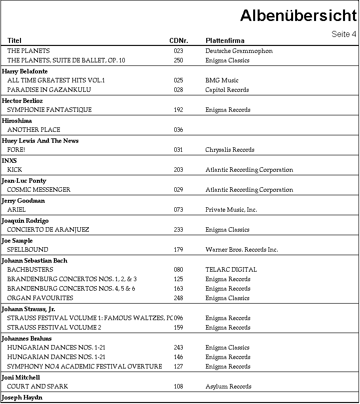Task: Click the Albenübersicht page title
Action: pyautogui.click(x=298, y=15)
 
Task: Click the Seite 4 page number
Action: pyautogui.click(x=344, y=34)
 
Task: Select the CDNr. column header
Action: pyautogui.click(x=179, y=40)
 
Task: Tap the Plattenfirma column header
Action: pyautogui.click(x=225, y=40)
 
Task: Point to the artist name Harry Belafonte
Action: pyautogui.click(x=25, y=71)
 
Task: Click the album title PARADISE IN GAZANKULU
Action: pyautogui.click(x=44, y=90)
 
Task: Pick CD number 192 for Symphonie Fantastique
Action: pyautogui.click(x=178, y=110)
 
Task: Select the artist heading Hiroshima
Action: pyautogui.click(x=17, y=121)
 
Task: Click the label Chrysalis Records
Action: pyautogui.click(x=230, y=150)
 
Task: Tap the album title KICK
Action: pyautogui.click(x=14, y=170)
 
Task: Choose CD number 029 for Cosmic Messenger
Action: pyautogui.click(x=178, y=190)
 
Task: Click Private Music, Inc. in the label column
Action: pyautogui.click(x=231, y=210)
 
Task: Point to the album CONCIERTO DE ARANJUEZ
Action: pyautogui.click(x=48, y=230)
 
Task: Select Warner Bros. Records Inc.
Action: pyautogui.click(x=242, y=250)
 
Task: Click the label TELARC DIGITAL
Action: pyautogui.click(x=231, y=270)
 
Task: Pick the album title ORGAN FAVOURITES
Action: pyautogui.click(x=40, y=298)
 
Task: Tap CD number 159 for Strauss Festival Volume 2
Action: pyautogui.click(x=178, y=328)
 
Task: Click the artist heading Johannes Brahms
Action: pyautogui.click(x=27, y=339)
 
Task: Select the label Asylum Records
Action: pyautogui.click(x=228, y=387)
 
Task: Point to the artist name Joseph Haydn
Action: pyautogui.click(x=22, y=398)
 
